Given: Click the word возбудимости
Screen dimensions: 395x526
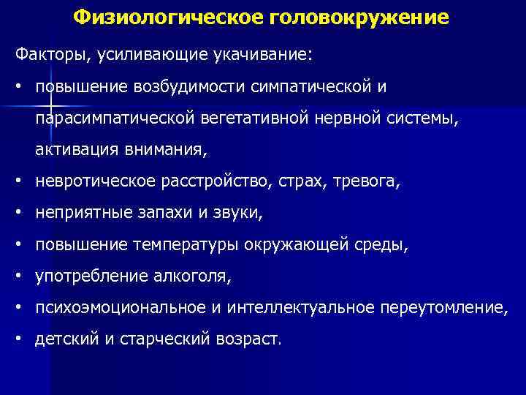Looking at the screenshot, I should (188, 86).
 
